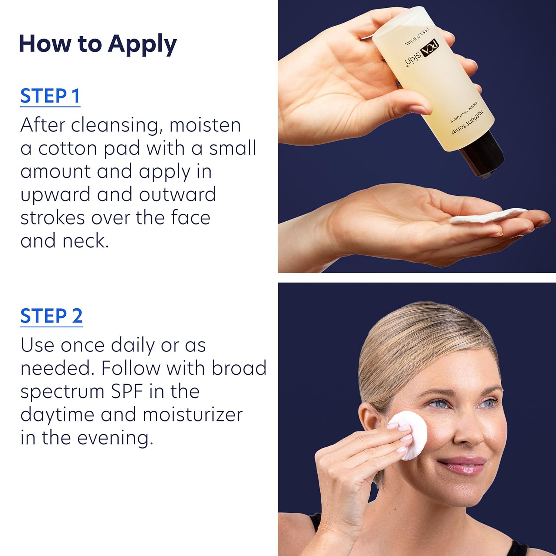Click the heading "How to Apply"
[98, 44]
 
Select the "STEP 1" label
[50, 96]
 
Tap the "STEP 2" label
[51, 316]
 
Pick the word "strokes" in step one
[52, 218]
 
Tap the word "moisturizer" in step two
[192, 415]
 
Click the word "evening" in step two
[115, 438]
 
